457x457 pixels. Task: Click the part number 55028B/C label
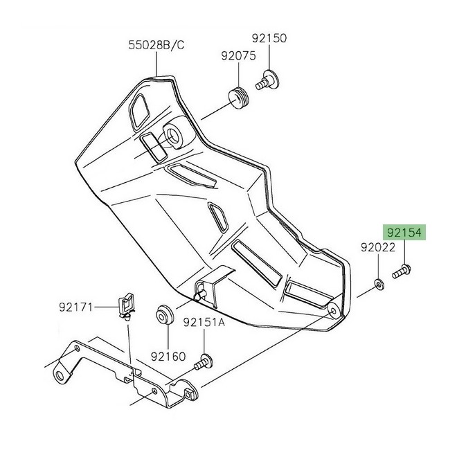click(156, 45)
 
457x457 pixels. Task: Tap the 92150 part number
click(269, 38)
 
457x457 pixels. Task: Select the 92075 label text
click(238, 55)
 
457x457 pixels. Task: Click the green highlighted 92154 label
click(404, 232)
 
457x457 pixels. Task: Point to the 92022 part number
click(378, 247)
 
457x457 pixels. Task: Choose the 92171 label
click(75, 307)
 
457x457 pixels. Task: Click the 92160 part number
click(168, 356)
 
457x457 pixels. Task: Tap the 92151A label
click(204, 322)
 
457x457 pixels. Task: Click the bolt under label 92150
click(267, 80)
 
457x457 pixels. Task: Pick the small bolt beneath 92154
click(402, 271)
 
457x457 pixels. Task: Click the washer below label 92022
click(379, 284)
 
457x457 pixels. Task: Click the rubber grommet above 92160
click(165, 315)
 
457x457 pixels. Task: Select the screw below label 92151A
click(204, 361)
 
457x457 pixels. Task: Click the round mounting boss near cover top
click(174, 136)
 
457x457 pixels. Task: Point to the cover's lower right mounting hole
click(334, 311)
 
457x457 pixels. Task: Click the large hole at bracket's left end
click(60, 376)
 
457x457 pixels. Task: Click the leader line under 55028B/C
click(156, 64)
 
